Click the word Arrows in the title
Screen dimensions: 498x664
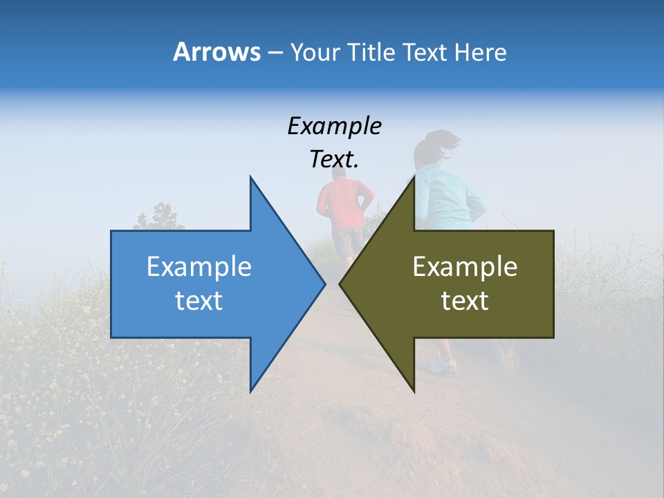(217, 52)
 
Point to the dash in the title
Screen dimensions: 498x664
(275, 53)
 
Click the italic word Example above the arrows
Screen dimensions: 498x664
(334, 127)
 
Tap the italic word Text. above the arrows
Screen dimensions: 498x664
(334, 160)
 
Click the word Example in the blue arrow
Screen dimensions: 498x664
(199, 267)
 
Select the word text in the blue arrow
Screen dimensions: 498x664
(199, 301)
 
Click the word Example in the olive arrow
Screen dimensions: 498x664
(465, 267)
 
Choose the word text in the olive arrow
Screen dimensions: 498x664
(465, 301)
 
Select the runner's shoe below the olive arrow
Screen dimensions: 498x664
(443, 367)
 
